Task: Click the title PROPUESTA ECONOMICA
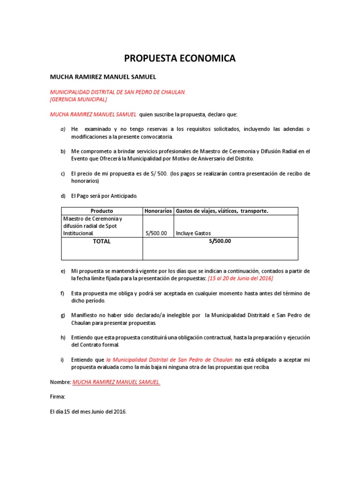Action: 180,59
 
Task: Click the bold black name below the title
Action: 103,76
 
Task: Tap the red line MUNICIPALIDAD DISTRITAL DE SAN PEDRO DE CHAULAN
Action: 118,92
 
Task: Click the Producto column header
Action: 102,211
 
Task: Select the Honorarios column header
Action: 158,211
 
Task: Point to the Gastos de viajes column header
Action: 222,211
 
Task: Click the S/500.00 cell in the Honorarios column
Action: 157,233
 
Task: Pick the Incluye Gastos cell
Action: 193,233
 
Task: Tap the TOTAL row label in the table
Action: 102,241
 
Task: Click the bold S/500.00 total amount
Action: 220,241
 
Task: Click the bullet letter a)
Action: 63,129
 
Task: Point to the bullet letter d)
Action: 63,196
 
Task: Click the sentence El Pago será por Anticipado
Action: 105,196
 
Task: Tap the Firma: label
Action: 58,397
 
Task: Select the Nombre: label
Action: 60,382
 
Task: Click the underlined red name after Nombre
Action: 116,382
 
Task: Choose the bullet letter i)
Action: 62,360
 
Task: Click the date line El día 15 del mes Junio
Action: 88,412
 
